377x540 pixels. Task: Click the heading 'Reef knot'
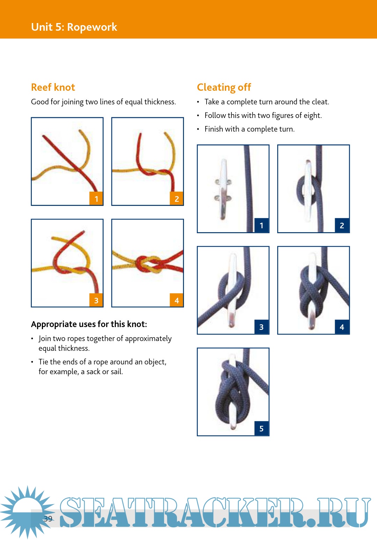click(53, 87)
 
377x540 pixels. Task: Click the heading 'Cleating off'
click(224, 87)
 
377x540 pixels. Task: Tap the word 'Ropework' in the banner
click(92, 27)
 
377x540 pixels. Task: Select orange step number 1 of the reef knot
click(96, 199)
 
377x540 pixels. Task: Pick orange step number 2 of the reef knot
click(177, 199)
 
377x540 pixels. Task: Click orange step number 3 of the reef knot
click(96, 300)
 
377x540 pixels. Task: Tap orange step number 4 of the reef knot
click(177, 300)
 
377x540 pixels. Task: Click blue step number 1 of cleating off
click(261, 225)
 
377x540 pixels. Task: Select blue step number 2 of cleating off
click(342, 225)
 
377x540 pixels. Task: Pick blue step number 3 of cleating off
click(261, 327)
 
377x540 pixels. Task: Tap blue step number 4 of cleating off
click(342, 327)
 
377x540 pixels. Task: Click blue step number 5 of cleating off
click(261, 428)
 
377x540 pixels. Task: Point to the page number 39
click(48, 519)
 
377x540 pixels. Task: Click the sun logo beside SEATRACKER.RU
click(26, 512)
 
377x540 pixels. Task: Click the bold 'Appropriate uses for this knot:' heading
click(89, 324)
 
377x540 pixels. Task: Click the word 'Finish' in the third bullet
click(214, 129)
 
